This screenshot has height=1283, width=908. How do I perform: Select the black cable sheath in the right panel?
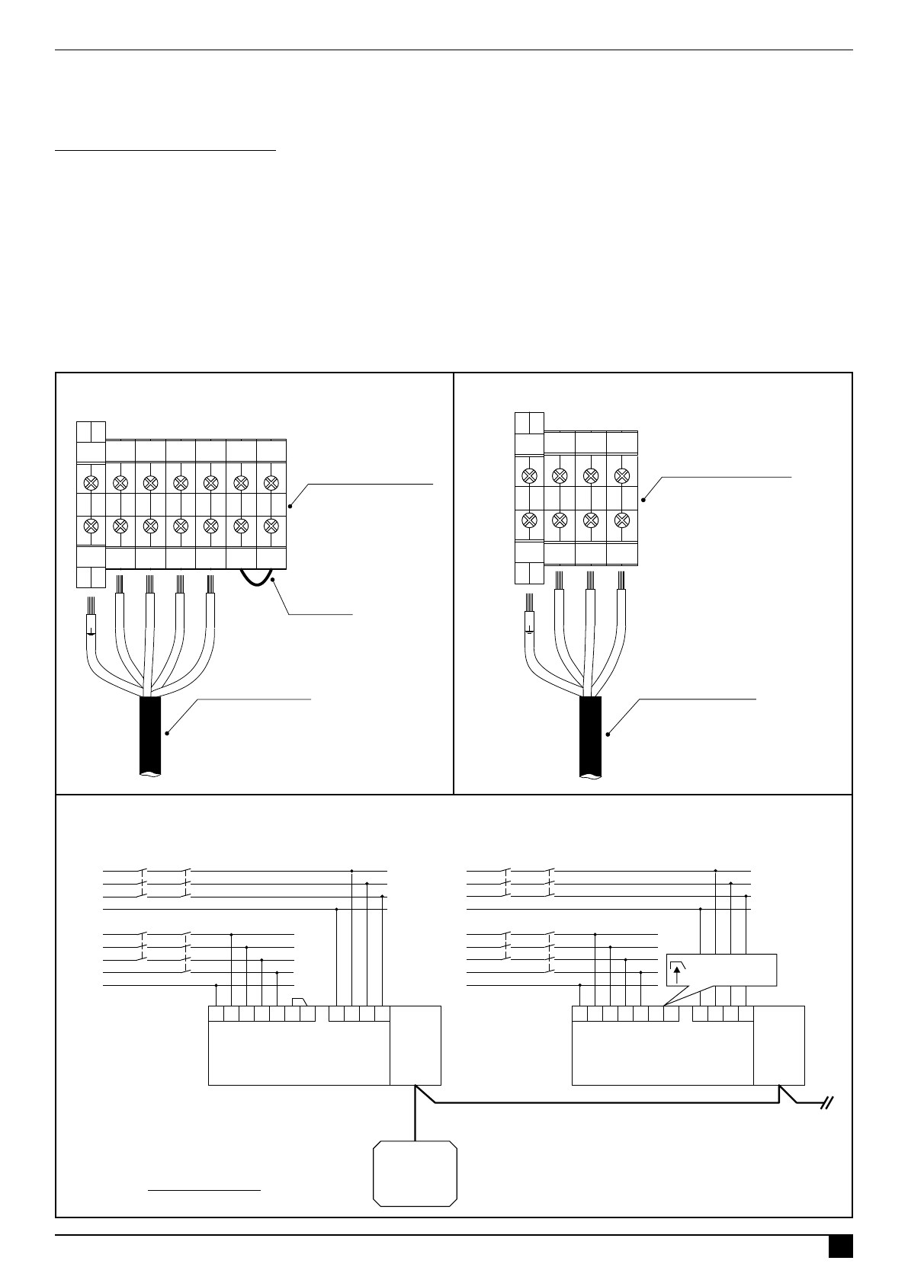click(591, 735)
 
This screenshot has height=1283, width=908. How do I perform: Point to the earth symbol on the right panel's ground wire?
click(531, 630)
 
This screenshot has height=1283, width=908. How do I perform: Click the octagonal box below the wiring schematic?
click(415, 1173)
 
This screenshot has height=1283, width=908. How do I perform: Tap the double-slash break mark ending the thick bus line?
click(826, 1102)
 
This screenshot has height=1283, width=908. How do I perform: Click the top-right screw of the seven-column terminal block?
click(271, 482)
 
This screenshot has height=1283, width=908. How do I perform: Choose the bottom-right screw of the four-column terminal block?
click(621, 520)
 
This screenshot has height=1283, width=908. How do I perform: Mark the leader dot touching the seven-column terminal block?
click(290, 506)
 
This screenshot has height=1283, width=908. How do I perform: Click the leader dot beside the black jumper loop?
click(273, 581)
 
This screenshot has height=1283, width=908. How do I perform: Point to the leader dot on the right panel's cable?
click(608, 734)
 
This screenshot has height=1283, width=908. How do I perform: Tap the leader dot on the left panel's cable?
click(167, 734)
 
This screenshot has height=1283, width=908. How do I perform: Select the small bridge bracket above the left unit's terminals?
click(300, 1002)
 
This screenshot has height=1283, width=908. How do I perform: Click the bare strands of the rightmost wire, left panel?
click(210, 584)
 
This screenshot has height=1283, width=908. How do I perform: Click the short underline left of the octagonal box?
click(204, 1189)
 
